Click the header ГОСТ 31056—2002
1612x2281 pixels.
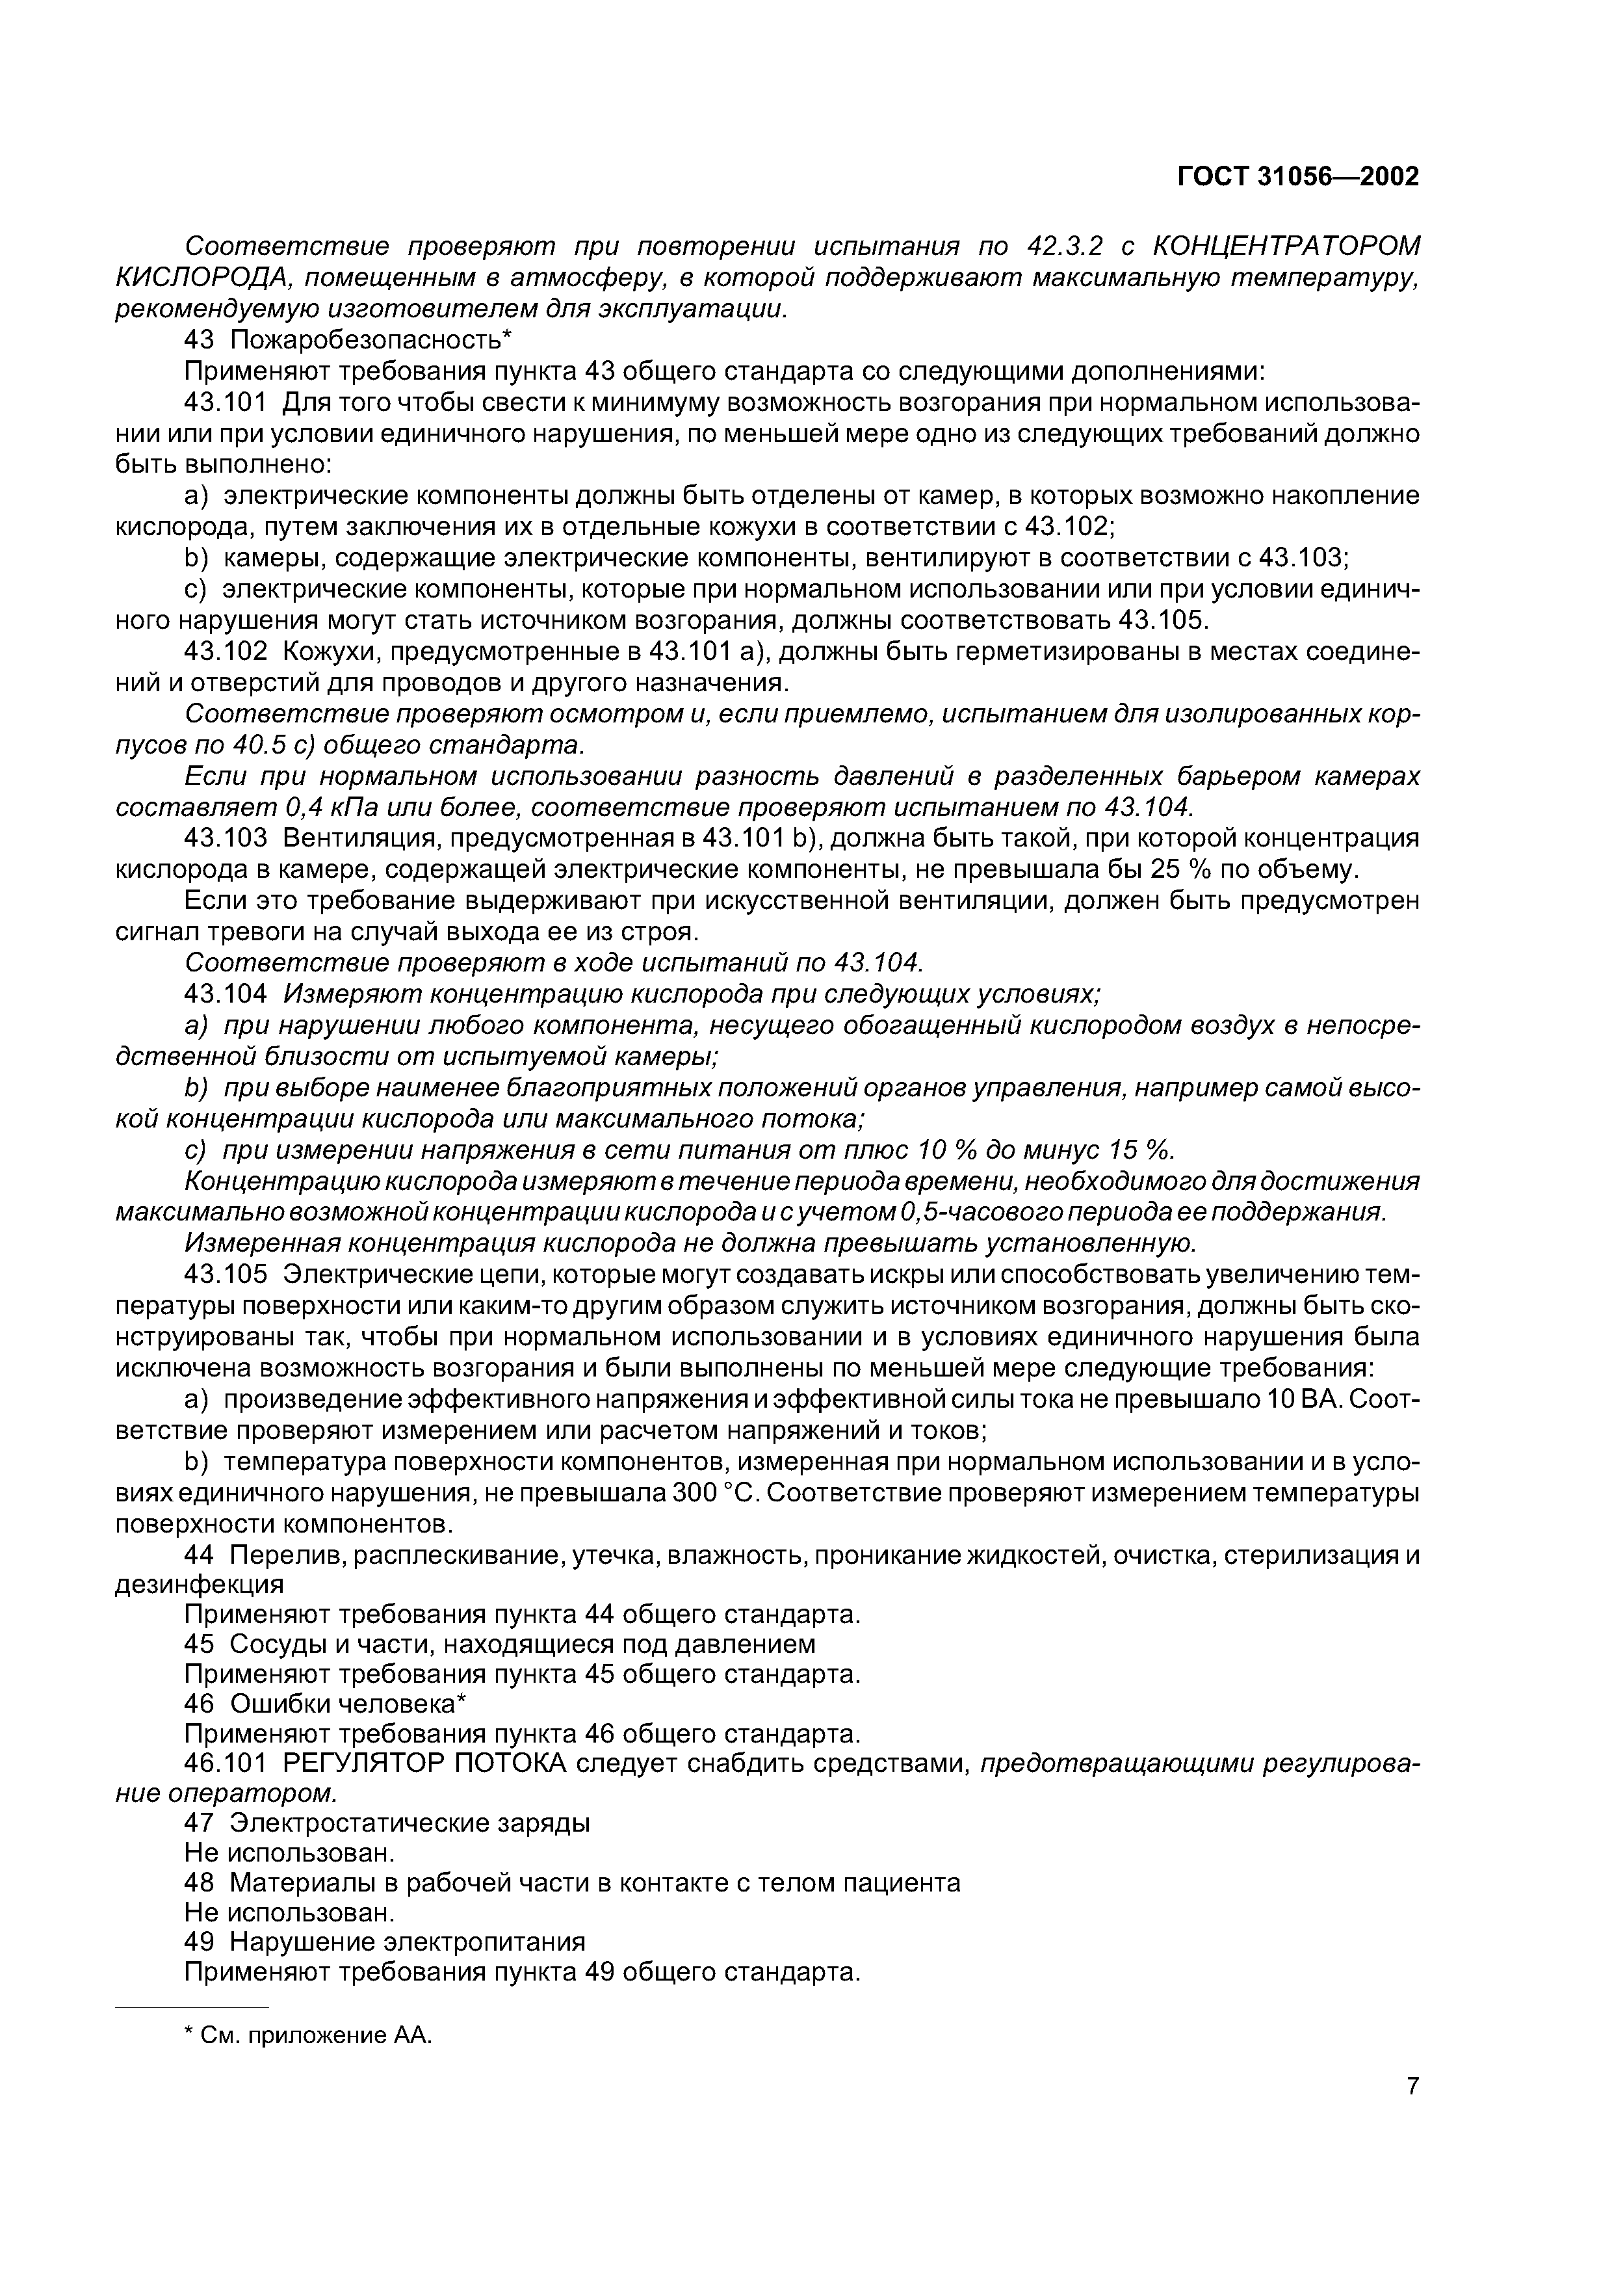[1297, 177]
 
